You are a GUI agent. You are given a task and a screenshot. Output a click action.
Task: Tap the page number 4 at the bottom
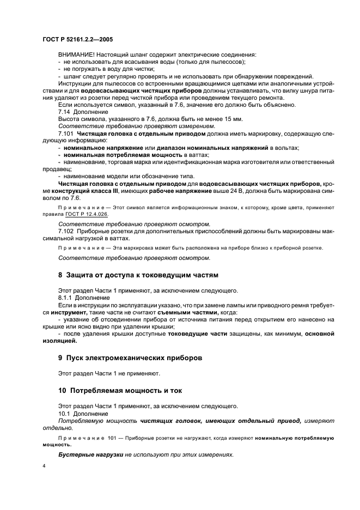pos(44,467)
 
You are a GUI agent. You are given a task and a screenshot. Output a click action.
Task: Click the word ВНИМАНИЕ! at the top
pos(76,56)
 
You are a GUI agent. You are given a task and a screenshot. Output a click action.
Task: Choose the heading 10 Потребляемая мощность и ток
pos(120,391)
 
